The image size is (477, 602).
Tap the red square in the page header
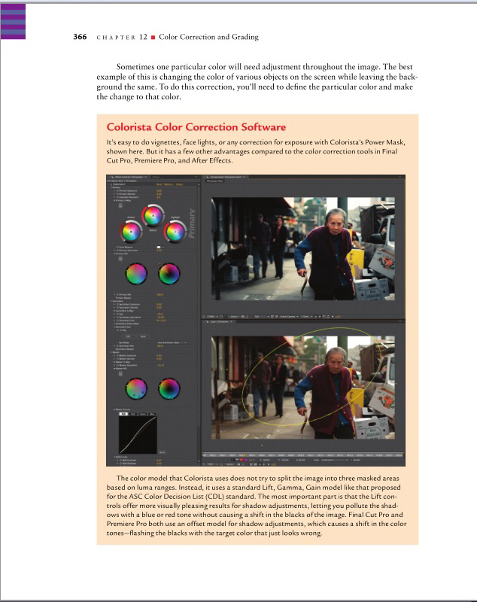click(x=153, y=37)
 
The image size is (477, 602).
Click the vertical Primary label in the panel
click(x=190, y=223)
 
